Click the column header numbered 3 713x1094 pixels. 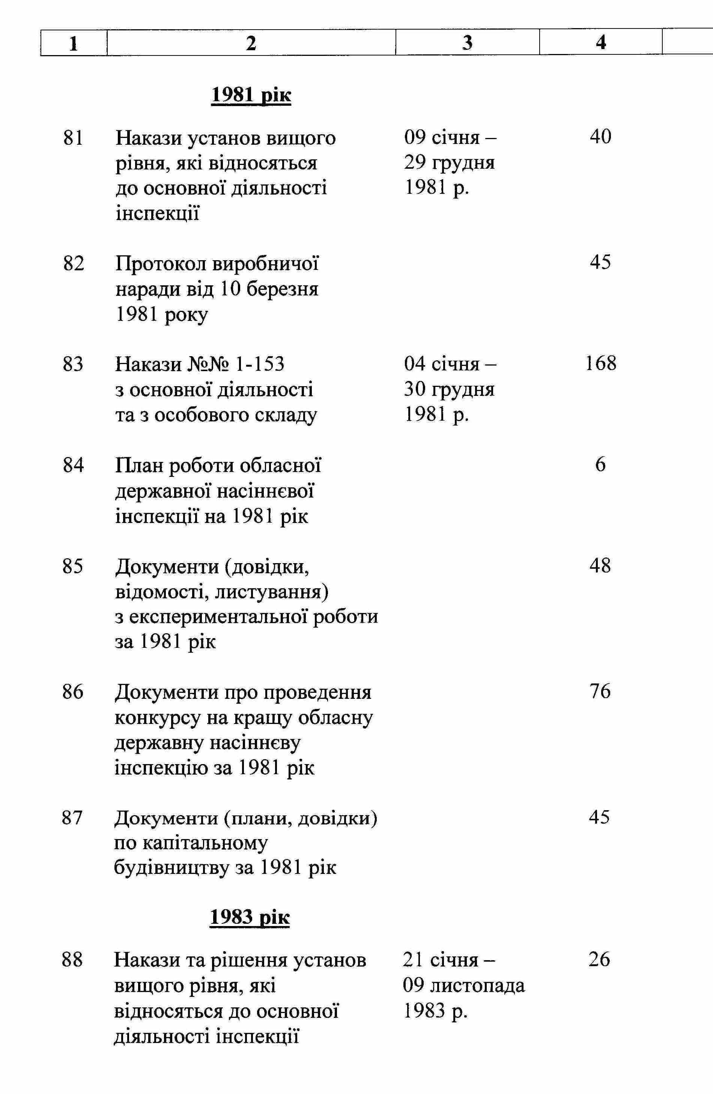pyautogui.click(x=467, y=43)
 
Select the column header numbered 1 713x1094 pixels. pyautogui.click(x=73, y=43)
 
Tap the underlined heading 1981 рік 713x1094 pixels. pyautogui.click(x=251, y=95)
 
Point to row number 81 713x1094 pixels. pyautogui.click(x=73, y=138)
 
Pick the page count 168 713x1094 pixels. pyautogui.click(x=600, y=364)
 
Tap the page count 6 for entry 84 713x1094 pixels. pyautogui.click(x=600, y=465)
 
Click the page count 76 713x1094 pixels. pyautogui.click(x=600, y=691)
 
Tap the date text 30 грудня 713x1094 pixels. pyautogui.click(x=449, y=389)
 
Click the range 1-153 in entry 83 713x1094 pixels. pyautogui.click(x=259, y=364)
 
